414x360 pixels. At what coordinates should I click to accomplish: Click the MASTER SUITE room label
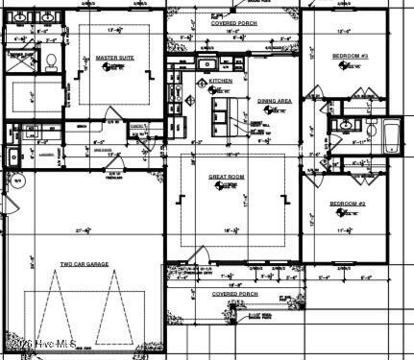click(113, 59)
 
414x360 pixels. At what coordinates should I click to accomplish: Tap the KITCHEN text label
click(220, 82)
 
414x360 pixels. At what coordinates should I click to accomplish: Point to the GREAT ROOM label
click(229, 178)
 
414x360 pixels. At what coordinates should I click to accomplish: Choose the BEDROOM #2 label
click(346, 204)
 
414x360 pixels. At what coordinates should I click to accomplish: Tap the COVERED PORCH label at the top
click(233, 20)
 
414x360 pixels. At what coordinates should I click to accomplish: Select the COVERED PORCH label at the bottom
click(233, 294)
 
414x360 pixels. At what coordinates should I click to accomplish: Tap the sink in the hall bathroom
click(343, 126)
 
